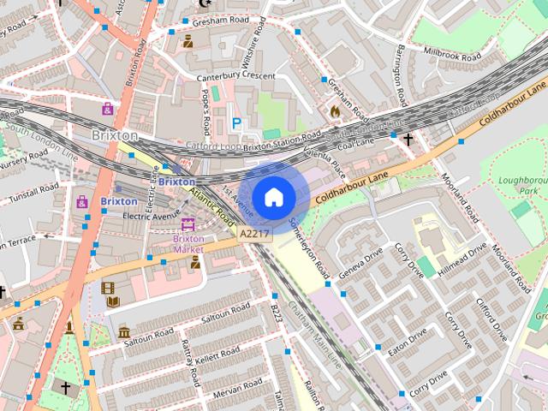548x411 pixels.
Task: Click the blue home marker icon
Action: pos(273,197)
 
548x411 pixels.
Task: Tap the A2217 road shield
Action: pos(255,233)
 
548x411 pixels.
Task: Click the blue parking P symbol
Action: pos(236,124)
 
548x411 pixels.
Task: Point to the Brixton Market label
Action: pos(188,244)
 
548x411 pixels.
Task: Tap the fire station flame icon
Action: pos(335,110)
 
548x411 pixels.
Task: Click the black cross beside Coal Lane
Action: pos(408,139)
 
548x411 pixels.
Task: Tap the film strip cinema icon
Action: pos(108,289)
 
